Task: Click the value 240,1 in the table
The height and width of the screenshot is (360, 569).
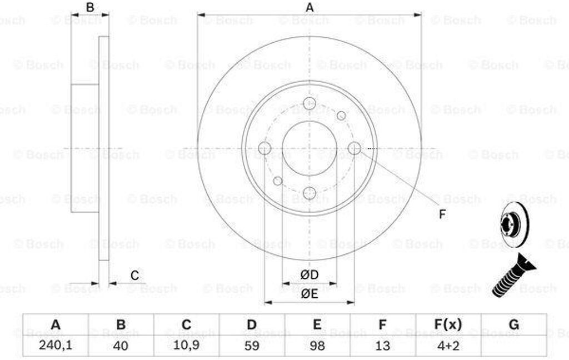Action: click(56, 345)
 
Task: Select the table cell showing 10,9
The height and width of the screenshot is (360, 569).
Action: click(186, 345)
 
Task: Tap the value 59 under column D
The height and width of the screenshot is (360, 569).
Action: click(252, 345)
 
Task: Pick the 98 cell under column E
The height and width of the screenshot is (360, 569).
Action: click(317, 345)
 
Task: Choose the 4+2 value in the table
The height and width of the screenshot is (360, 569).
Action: click(448, 345)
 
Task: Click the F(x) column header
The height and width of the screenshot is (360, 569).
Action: click(448, 324)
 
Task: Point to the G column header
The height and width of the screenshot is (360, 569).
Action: click(514, 324)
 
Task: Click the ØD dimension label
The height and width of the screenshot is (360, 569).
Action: click(309, 274)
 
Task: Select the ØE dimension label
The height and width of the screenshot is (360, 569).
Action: click(309, 293)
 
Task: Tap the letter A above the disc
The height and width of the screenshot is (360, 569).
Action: click(309, 7)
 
